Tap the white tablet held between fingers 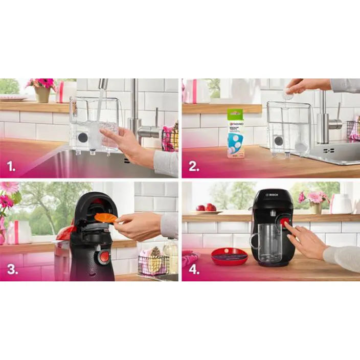[289, 95]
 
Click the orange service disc [106, 218]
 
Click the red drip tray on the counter [230, 255]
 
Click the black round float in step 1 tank [82, 137]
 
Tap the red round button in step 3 [104, 256]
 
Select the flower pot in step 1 [42, 95]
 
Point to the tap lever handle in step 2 [335, 123]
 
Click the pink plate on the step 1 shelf [13, 98]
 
